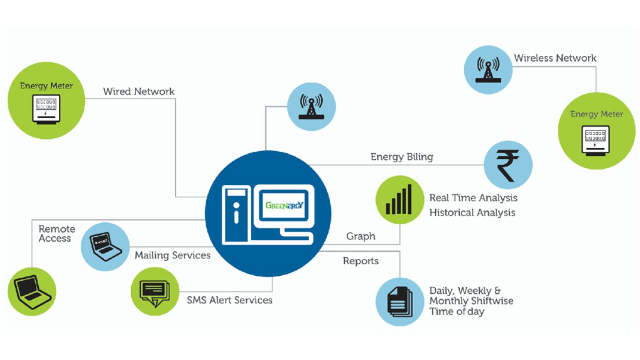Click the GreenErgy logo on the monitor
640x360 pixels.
[x=284, y=205]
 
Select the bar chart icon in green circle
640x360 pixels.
[x=399, y=200]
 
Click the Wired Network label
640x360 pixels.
[x=139, y=91]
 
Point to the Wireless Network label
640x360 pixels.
[x=555, y=58]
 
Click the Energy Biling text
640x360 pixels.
[x=402, y=157]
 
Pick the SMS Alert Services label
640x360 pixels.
[x=230, y=300]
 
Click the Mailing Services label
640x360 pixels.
[x=172, y=255]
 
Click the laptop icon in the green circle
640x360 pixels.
[x=31, y=290]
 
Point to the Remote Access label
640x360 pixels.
[x=57, y=233]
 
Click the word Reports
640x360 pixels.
[x=361, y=261]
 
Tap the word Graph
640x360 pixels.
[x=361, y=236]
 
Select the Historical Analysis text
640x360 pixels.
[x=472, y=212]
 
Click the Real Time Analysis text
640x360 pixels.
[x=473, y=197]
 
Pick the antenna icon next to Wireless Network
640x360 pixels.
[x=487, y=70]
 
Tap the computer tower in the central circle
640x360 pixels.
[x=236, y=213]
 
